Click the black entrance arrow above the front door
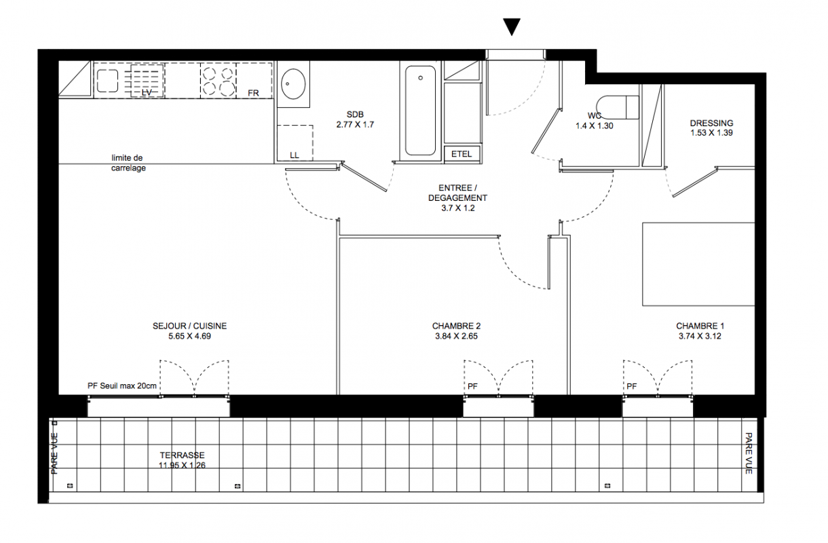coord(512,26)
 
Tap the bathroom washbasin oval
coord(293,84)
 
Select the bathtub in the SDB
coord(420,111)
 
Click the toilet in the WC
coord(618,107)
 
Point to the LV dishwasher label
coord(147,92)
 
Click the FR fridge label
coord(253,93)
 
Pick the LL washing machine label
coord(295,155)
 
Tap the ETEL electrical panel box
coord(462,154)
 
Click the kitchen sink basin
coord(107,81)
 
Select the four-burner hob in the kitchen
coord(219,80)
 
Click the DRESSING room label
coord(711,123)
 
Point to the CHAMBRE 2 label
coord(456,326)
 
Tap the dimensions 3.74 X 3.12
coord(700,337)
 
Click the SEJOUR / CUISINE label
coord(189,326)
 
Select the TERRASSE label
coord(183,455)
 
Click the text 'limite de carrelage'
coord(128,163)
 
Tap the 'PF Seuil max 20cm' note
coord(122,386)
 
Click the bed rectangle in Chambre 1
coord(698,264)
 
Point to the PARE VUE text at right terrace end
coord(749,453)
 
